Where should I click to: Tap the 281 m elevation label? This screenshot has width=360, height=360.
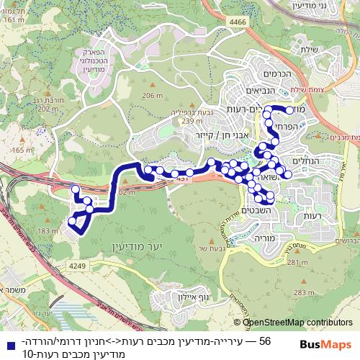coord(297,263)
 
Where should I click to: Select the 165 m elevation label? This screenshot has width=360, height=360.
coord(22,150)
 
